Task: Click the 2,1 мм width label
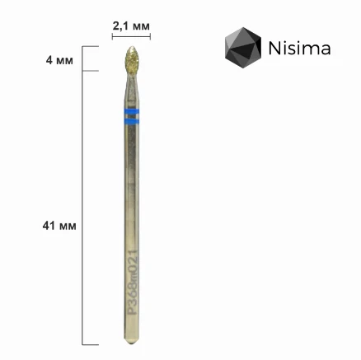pyautogui.click(x=131, y=26)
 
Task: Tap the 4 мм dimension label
pyautogui.click(x=59, y=60)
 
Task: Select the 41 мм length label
pyautogui.click(x=59, y=226)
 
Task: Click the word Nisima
pyautogui.click(x=299, y=48)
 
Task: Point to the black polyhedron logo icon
pyautogui.click(x=243, y=48)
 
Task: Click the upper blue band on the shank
pyautogui.click(x=132, y=111)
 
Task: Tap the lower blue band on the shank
pyautogui.click(x=132, y=121)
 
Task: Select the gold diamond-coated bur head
pyautogui.click(x=132, y=60)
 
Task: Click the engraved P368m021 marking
pyautogui.click(x=134, y=283)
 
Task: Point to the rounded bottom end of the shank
pyautogui.click(x=132, y=340)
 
